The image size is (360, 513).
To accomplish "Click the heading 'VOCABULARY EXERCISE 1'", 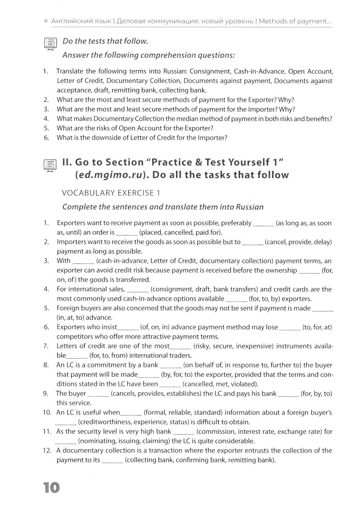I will click(111, 193).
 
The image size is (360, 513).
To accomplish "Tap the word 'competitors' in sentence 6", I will click(73, 337).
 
